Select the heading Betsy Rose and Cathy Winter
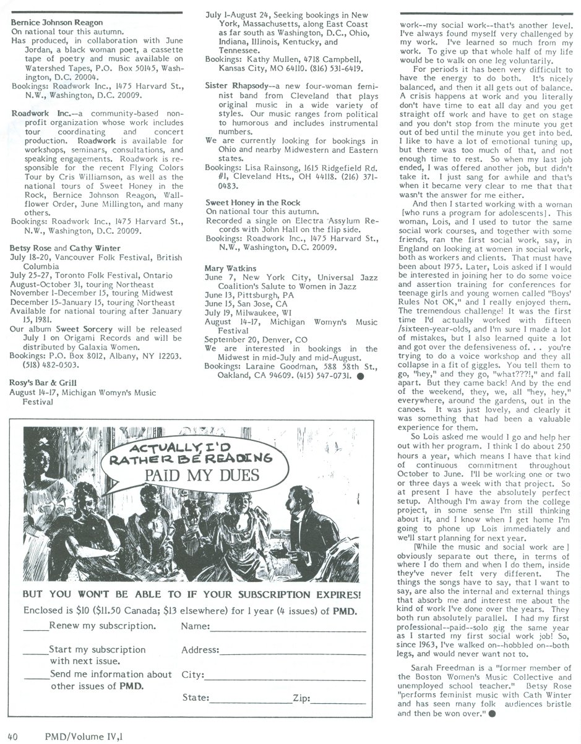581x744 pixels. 66,249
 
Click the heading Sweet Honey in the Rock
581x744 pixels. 244,202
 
